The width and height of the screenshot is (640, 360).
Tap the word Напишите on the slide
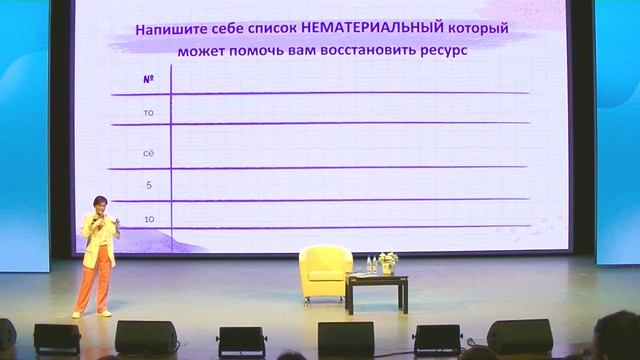click(171, 30)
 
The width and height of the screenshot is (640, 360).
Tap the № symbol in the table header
click(148, 77)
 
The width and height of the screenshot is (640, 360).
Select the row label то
click(148, 112)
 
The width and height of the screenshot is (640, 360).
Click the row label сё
click(148, 151)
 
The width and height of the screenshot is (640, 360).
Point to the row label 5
click(148, 185)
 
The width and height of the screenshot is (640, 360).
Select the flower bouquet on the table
click(388, 261)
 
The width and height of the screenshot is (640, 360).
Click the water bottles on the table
click(370, 265)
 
